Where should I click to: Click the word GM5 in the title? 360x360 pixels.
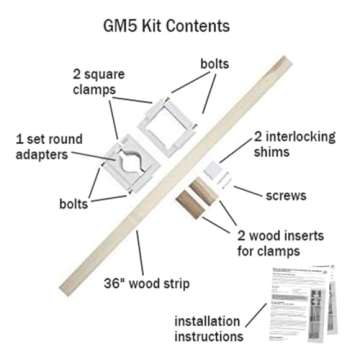click(113, 22)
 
